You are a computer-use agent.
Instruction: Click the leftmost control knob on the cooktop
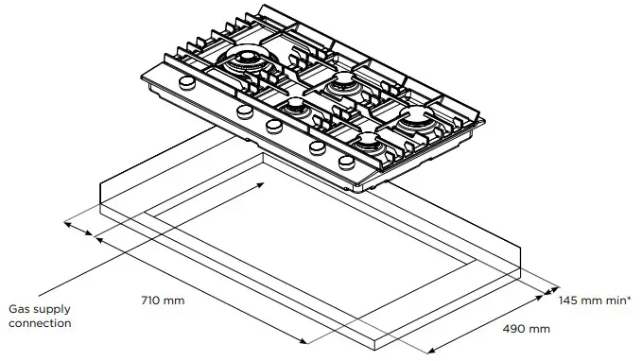click(186, 85)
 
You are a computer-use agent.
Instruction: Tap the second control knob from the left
click(244, 112)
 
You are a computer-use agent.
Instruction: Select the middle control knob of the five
click(274, 125)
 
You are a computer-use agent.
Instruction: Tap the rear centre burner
click(338, 86)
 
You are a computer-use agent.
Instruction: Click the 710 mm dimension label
click(162, 301)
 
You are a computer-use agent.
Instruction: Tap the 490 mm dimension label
click(527, 330)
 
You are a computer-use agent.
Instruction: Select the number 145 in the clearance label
click(568, 301)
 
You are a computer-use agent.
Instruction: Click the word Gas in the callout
click(20, 309)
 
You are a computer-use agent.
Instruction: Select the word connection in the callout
click(40, 323)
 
